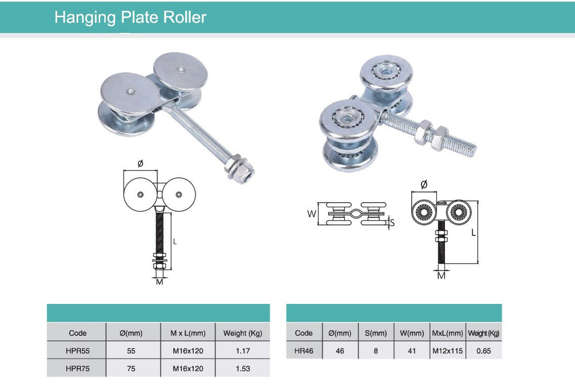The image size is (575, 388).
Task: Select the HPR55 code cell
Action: click(78, 350)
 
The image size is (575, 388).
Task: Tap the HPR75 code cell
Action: click(78, 368)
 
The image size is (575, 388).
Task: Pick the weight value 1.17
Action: click(243, 350)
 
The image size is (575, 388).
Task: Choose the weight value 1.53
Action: click(243, 368)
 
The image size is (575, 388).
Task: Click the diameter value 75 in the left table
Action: click(131, 368)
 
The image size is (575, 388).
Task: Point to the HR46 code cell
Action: click(304, 350)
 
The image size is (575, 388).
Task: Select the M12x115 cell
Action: click(447, 350)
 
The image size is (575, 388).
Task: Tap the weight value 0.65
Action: click(484, 350)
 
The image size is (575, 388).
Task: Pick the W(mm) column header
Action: click(412, 333)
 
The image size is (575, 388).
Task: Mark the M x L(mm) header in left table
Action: click(187, 333)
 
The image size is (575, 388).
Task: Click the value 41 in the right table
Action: click(412, 350)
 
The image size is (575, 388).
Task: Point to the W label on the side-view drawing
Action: click(312, 214)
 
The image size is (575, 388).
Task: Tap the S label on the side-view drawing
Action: click(393, 222)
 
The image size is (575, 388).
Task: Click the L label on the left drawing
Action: click(175, 242)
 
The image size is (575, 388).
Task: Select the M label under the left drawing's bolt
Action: click(159, 282)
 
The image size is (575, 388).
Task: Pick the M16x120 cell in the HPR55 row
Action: click(187, 350)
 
